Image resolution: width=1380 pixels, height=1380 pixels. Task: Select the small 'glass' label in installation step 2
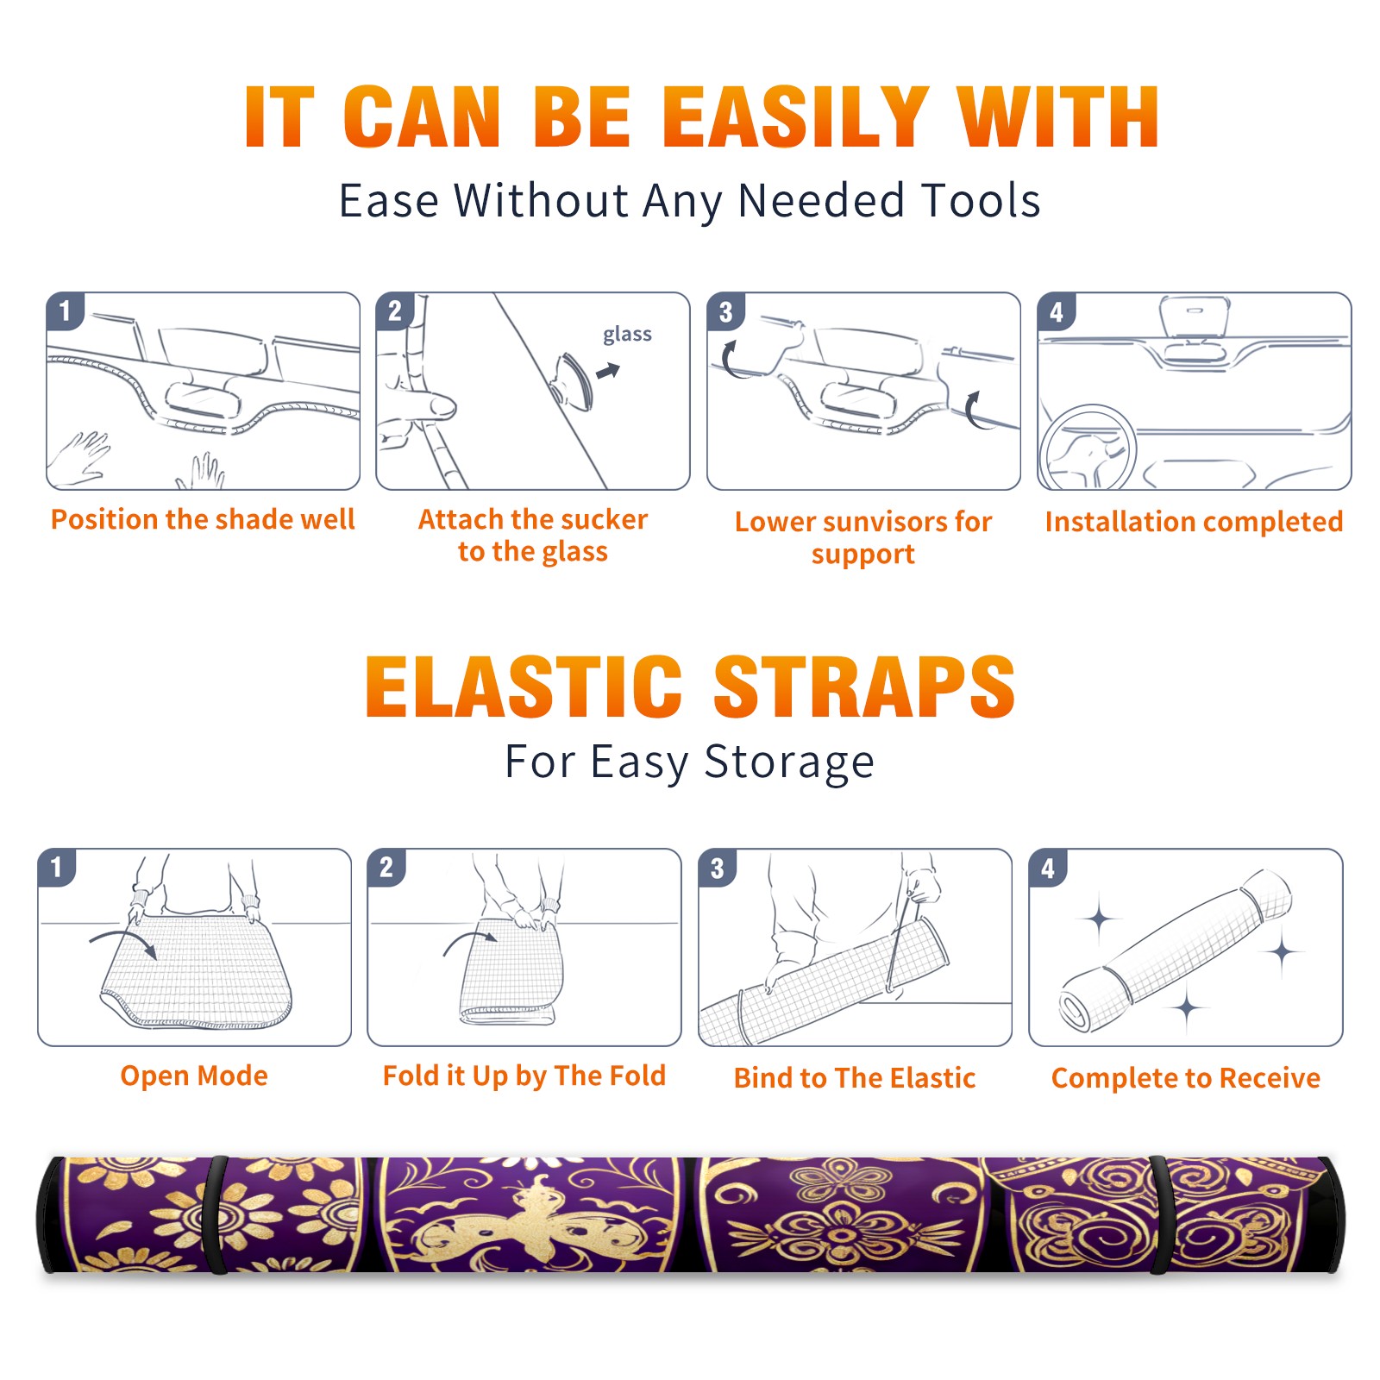pyautogui.click(x=627, y=334)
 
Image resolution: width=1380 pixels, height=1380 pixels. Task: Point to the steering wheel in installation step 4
pyautogui.click(x=1087, y=448)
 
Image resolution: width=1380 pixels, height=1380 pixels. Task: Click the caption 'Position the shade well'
pyautogui.click(x=203, y=519)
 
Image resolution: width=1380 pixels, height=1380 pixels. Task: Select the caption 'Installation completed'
pyautogui.click(x=1194, y=522)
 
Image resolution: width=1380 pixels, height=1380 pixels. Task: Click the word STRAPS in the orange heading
pyautogui.click(x=864, y=687)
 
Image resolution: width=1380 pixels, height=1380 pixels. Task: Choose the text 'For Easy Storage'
pyautogui.click(x=689, y=762)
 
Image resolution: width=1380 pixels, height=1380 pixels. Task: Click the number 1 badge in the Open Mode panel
pyautogui.click(x=57, y=867)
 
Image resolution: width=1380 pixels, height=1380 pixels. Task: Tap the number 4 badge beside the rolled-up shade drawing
pyautogui.click(x=1048, y=868)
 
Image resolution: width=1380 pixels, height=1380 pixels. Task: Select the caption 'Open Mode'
pyautogui.click(x=194, y=1076)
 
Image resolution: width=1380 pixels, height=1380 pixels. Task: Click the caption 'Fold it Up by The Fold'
pyautogui.click(x=524, y=1076)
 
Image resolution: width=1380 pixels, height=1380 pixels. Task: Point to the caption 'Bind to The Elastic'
pyautogui.click(x=855, y=1078)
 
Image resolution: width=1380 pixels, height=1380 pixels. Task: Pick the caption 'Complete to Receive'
pyautogui.click(x=1186, y=1078)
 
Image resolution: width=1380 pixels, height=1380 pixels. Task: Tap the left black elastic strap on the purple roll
pyautogui.click(x=217, y=1214)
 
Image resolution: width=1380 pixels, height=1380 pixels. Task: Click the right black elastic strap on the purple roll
pyautogui.click(x=1159, y=1214)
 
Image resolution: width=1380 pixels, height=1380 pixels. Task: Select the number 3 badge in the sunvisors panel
pyautogui.click(x=725, y=311)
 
